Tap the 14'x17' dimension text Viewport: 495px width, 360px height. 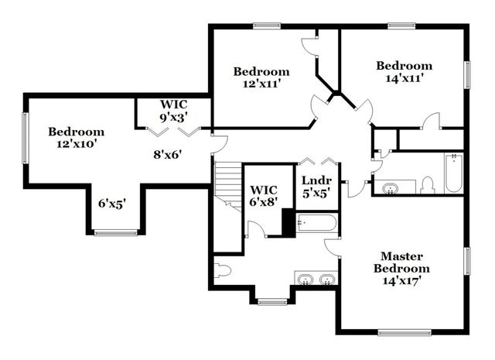tap(401, 280)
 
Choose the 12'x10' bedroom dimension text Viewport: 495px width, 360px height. tap(76, 143)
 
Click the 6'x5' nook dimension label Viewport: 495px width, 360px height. tap(111, 203)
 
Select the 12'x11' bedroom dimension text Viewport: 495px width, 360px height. tap(261, 84)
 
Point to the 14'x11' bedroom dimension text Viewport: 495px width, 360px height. tap(404, 77)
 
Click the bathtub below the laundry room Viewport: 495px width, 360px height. tap(317, 225)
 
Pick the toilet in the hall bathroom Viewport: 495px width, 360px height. tap(427, 185)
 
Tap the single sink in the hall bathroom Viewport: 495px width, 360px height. tap(389, 187)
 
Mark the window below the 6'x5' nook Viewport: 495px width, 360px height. tap(115, 232)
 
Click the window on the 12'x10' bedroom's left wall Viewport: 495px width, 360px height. tap(26, 138)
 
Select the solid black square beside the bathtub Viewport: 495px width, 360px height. tap(288, 223)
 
